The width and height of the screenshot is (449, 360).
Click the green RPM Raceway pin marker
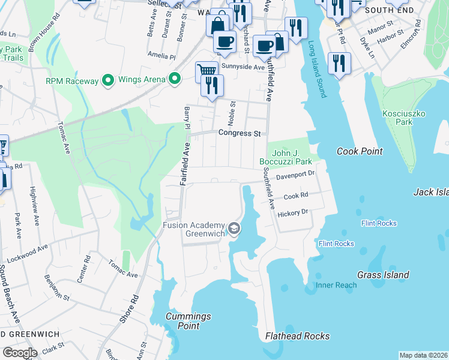pyautogui.click(x=108, y=79)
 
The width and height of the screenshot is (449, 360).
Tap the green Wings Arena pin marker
pyautogui.click(x=175, y=79)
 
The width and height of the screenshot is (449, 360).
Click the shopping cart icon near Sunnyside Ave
pyautogui.click(x=206, y=71)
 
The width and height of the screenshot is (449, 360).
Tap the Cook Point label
pyautogui.click(x=360, y=151)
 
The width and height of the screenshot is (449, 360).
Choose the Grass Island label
pyautogui.click(x=383, y=275)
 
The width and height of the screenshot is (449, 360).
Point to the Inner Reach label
pyautogui.click(x=336, y=285)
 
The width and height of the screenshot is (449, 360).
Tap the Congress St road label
pyautogui.click(x=239, y=133)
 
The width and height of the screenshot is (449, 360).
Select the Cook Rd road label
pyautogui.click(x=295, y=196)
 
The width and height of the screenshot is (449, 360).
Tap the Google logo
pyautogui.click(x=19, y=352)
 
